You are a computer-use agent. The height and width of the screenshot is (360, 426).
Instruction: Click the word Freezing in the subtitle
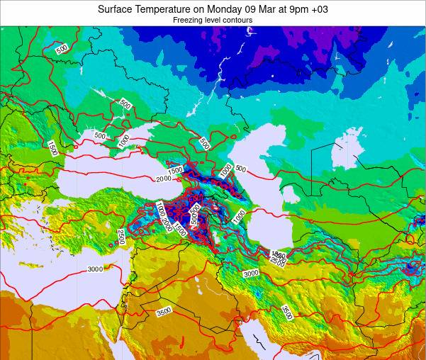189,21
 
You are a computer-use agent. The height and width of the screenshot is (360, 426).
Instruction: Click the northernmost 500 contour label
62,48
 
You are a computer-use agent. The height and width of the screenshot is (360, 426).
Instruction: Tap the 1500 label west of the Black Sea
52,148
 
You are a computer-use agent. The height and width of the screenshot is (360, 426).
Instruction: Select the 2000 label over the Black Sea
164,179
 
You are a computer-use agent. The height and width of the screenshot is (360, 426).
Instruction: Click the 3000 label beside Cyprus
95,269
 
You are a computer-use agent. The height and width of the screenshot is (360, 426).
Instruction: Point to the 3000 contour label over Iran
251,274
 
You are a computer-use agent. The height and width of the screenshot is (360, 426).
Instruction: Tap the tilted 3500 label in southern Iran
287,312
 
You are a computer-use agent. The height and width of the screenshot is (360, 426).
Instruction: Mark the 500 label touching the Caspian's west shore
240,169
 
